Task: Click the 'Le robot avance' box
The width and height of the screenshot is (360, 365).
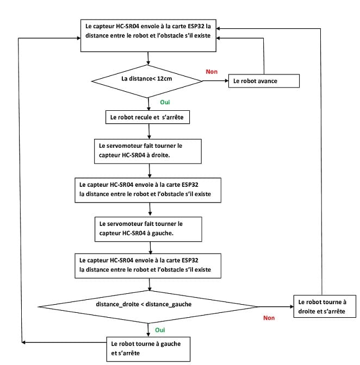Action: [x=264, y=81]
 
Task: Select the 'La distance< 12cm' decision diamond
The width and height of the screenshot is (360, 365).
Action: [x=147, y=81]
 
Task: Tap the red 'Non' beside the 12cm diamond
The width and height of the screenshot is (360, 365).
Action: [x=212, y=72]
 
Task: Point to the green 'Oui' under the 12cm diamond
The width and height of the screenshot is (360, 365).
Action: [x=165, y=102]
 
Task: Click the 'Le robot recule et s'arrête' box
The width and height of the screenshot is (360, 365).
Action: [x=147, y=117]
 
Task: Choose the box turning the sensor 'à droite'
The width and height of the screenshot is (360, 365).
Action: [x=148, y=152]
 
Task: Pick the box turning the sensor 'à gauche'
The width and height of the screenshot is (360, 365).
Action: [x=148, y=229]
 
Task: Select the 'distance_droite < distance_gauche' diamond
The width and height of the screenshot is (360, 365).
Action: [x=147, y=307]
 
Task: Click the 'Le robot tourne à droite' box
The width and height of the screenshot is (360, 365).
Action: [x=325, y=306]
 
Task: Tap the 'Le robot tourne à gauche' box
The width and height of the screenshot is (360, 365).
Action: [x=148, y=349]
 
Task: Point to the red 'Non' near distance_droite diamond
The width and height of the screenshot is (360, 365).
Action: [x=269, y=318]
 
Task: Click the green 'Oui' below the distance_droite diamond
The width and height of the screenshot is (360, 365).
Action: [x=160, y=330]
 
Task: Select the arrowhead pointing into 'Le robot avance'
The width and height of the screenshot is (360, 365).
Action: [x=227, y=81]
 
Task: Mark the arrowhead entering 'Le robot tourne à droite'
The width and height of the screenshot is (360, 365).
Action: [x=291, y=306]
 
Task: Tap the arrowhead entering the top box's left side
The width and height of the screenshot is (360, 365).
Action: [x=79, y=38]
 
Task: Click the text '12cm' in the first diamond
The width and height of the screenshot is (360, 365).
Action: [x=165, y=78]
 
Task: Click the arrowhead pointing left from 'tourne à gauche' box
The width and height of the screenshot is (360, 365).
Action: [x=23, y=342]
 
